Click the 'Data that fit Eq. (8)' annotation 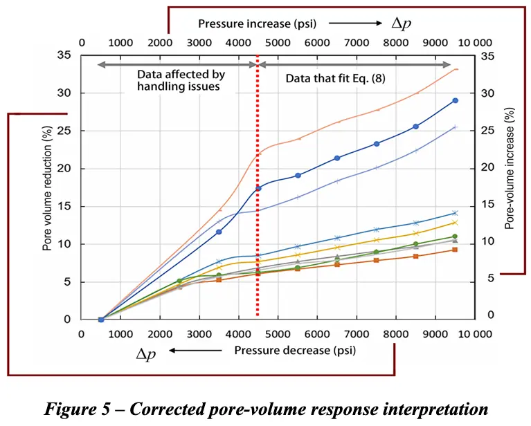[335, 78]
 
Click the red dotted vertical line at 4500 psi [258, 207]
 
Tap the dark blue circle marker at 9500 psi [455, 100]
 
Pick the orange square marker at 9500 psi [455, 250]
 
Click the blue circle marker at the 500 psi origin [101, 319]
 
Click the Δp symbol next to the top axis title [401, 24]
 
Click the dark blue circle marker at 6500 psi [337, 158]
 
